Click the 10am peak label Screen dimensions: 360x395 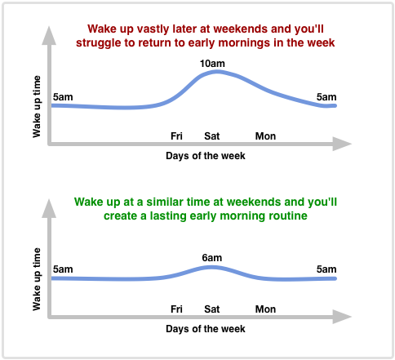point(211,62)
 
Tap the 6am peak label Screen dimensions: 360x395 point(211,258)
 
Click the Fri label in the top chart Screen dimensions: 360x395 point(176,136)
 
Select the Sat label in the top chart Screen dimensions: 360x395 point(211,136)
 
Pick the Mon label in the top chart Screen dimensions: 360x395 point(265,136)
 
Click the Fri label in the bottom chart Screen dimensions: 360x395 point(176,309)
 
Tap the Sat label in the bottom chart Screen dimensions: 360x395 point(211,309)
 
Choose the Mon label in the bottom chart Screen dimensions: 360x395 point(265,309)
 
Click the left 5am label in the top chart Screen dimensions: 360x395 point(62,97)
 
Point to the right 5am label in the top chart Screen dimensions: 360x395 point(326,97)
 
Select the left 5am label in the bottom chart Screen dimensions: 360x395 point(62,269)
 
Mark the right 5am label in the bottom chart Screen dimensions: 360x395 point(326,269)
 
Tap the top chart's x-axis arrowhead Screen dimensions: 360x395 point(343,144)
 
